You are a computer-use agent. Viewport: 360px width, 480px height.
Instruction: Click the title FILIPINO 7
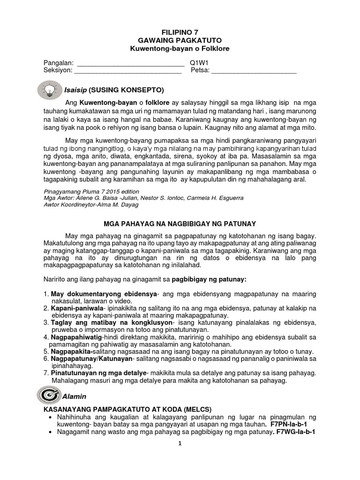click(180, 32)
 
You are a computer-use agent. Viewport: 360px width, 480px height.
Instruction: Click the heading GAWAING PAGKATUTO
click(180, 41)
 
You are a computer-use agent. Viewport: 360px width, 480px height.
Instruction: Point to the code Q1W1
click(199, 62)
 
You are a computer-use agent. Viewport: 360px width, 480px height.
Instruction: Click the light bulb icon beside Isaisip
click(50, 88)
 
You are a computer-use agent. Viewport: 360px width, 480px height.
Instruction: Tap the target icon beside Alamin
click(49, 395)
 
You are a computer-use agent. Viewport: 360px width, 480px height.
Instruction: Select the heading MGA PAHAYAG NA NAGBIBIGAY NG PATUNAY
click(180, 224)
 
